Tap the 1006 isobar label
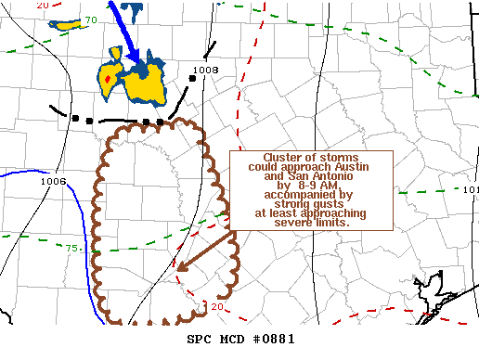click(53, 181)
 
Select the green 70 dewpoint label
click(91, 19)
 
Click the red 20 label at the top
click(43, 6)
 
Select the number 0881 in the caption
click(277, 340)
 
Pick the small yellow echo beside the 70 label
click(65, 23)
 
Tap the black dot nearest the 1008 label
click(190, 79)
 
